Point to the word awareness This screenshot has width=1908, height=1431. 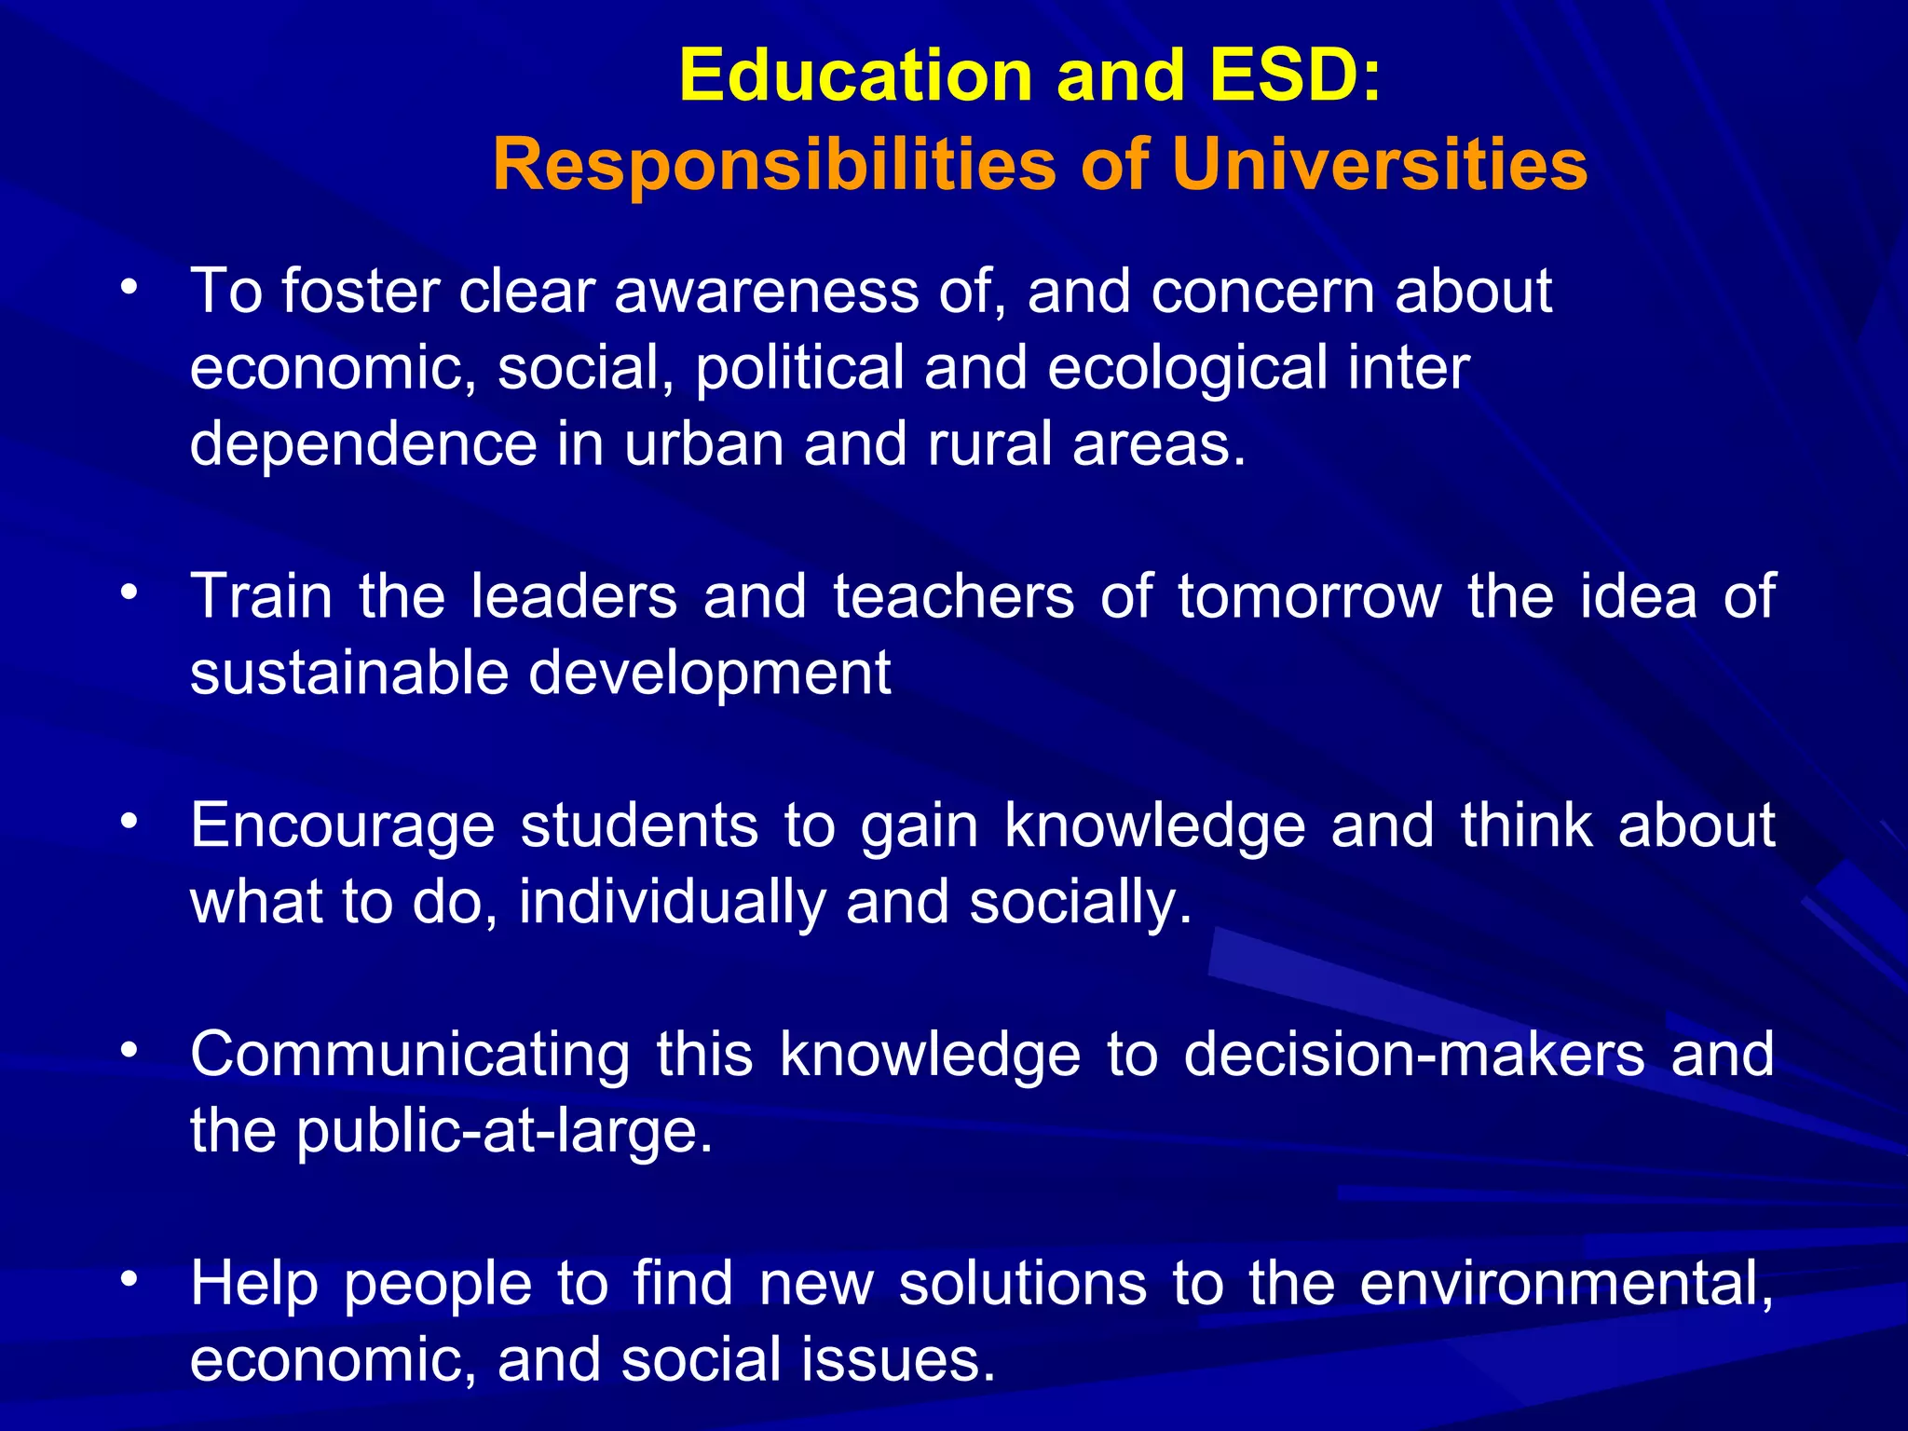(766, 293)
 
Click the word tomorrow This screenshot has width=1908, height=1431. (1309, 598)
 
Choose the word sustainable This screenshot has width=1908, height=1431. (348, 674)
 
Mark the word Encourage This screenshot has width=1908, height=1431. (342, 827)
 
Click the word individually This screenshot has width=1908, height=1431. (672, 903)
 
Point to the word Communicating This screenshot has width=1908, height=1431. (410, 1056)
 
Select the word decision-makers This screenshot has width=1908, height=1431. (1413, 1056)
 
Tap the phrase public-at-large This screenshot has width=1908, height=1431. (504, 1132)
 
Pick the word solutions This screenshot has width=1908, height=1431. (1022, 1285)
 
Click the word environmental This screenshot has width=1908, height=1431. (1566, 1285)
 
